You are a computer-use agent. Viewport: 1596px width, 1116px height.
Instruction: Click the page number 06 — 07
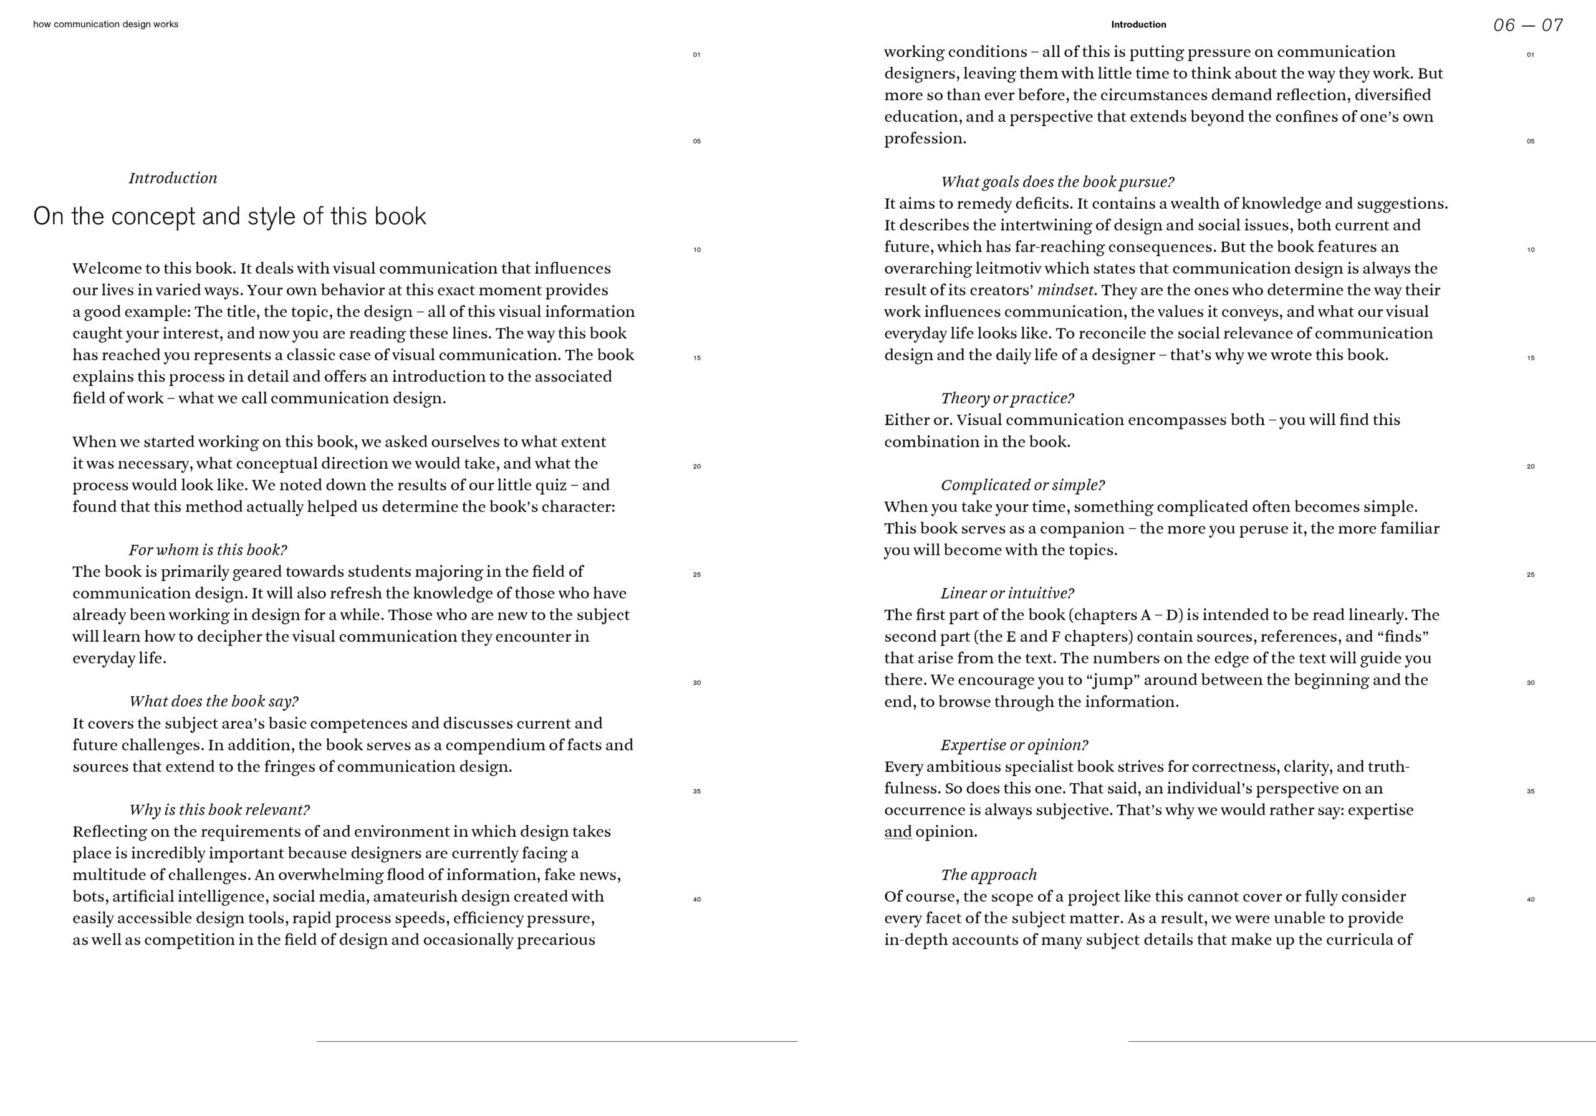[x=1527, y=26]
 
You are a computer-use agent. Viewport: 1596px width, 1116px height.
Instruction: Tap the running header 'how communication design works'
[x=105, y=24]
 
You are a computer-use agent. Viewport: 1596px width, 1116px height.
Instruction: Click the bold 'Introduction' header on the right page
[x=1138, y=24]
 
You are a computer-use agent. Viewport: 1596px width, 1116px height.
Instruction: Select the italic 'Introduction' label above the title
[x=173, y=178]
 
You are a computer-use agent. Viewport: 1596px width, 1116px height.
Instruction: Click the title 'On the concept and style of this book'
[x=229, y=216]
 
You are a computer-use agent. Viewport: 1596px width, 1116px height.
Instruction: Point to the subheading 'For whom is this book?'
[x=207, y=550]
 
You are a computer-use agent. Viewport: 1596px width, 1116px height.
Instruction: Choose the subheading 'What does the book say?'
[x=213, y=701]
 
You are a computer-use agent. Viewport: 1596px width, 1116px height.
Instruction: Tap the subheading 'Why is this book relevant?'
[x=219, y=810]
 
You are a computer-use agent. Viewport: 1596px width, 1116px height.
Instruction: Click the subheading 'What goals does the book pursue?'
[x=1057, y=182]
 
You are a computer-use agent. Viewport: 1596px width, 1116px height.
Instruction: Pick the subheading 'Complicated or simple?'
[x=1022, y=485]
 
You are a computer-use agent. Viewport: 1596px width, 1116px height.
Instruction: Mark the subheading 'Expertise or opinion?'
[x=1014, y=746]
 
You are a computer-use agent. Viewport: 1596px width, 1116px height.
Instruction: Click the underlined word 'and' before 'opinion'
[x=897, y=832]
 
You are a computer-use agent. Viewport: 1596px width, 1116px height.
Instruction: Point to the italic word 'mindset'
[x=1065, y=291]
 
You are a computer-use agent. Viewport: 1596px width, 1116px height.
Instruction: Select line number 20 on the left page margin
[x=696, y=466]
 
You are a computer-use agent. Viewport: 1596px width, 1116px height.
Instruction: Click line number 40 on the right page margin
[x=1530, y=900]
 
